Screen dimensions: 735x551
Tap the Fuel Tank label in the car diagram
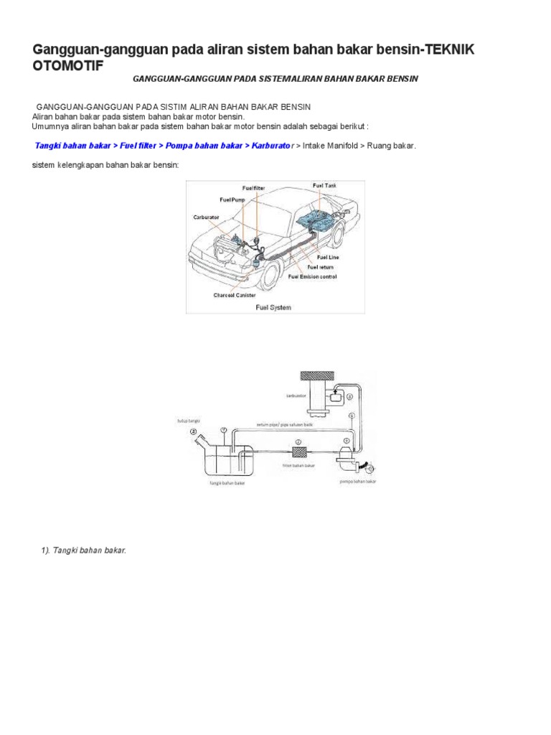pyautogui.click(x=324, y=186)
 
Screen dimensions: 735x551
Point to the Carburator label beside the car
pyautogui.click(x=206, y=215)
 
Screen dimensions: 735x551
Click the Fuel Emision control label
pyautogui.click(x=312, y=276)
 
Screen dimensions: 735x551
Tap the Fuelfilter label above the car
pyautogui.click(x=255, y=189)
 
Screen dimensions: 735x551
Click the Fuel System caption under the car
pyautogui.click(x=273, y=307)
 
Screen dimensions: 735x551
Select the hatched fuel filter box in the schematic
pyautogui.click(x=298, y=453)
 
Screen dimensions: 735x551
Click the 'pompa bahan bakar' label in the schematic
pyautogui.click(x=357, y=482)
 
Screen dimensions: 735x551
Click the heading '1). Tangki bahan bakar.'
pyautogui.click(x=83, y=550)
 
